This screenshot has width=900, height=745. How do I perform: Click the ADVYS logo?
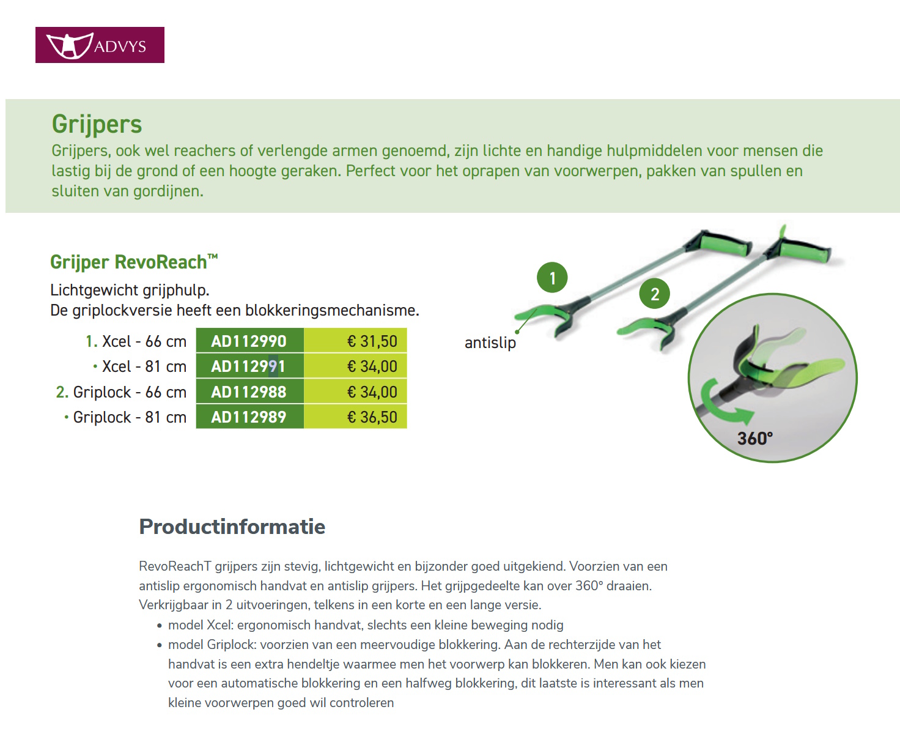click(100, 45)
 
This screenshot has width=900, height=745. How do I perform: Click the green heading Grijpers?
click(97, 124)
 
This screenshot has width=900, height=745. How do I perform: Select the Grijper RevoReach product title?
click(133, 262)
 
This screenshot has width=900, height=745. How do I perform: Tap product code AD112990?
click(249, 341)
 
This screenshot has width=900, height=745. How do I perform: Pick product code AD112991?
click(249, 366)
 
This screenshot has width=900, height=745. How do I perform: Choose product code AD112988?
click(249, 392)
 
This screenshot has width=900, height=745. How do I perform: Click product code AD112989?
click(249, 417)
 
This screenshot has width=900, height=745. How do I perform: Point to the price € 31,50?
click(372, 341)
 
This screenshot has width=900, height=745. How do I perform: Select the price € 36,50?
click(372, 417)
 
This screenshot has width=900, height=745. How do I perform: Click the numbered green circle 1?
click(552, 278)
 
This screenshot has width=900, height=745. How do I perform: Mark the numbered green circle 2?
click(655, 294)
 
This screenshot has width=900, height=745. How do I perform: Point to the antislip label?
click(490, 343)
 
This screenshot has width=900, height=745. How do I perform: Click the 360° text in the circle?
click(755, 439)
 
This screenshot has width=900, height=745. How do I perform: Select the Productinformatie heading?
click(232, 527)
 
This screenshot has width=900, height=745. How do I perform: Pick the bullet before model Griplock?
click(160, 645)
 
